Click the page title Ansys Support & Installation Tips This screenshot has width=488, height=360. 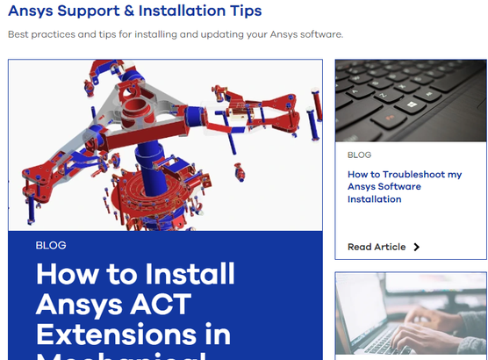tap(134, 11)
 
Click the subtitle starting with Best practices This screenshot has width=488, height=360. tap(176, 35)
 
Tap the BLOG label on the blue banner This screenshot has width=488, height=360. tap(51, 245)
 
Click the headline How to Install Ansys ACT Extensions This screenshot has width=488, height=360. tap(136, 303)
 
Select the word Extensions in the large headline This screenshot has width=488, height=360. tap(133, 335)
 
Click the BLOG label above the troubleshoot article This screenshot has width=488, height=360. tap(360, 155)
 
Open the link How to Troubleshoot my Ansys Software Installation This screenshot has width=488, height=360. tap(405, 187)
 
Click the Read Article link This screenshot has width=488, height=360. tap(377, 247)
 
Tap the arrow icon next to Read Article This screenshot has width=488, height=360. tap(417, 247)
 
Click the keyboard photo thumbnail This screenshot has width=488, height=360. tap(411, 101)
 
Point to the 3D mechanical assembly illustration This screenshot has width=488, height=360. tap(165, 145)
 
